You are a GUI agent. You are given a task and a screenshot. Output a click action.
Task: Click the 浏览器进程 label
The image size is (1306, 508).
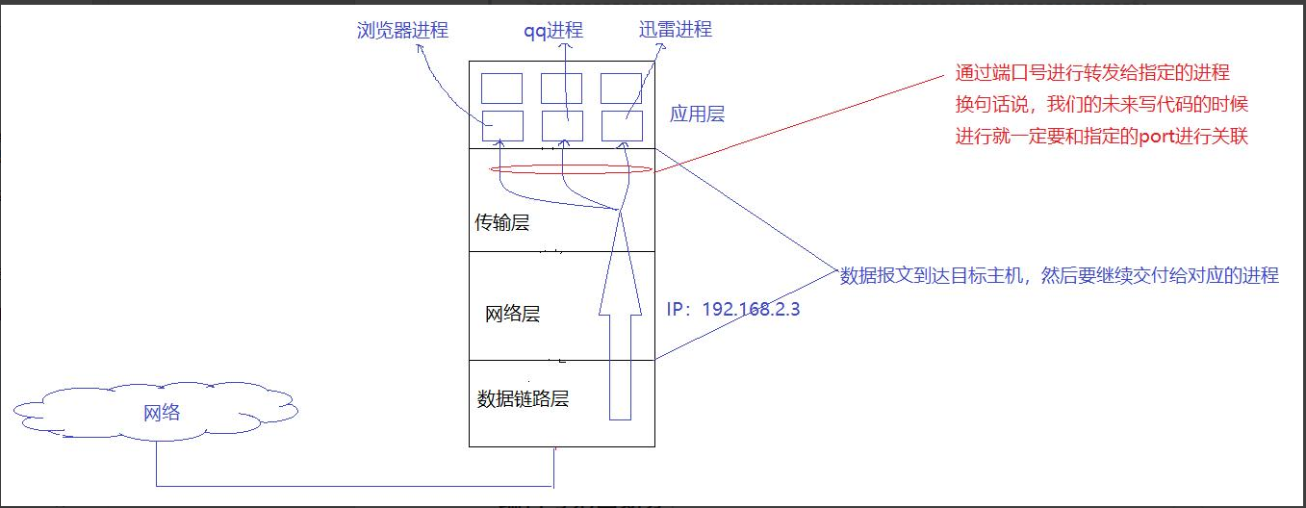coord(401,30)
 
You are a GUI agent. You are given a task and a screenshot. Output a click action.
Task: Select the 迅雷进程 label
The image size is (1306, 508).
coord(675,29)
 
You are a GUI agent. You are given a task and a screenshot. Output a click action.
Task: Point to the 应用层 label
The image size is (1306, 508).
coord(697,114)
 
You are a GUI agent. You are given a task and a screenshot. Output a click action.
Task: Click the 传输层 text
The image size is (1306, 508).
coord(502,223)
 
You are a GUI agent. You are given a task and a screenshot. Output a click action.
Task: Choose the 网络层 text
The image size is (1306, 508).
coord(514,314)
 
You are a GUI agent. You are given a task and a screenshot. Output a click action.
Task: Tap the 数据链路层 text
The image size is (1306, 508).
coord(523,397)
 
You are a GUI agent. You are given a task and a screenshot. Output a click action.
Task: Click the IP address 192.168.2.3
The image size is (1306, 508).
coord(732,310)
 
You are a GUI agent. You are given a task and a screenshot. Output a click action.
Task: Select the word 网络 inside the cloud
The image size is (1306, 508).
coord(162,413)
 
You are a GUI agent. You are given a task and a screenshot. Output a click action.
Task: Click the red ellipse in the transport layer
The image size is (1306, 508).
coord(572,169)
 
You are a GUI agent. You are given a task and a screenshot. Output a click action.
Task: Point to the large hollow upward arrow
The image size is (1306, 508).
coord(620,317)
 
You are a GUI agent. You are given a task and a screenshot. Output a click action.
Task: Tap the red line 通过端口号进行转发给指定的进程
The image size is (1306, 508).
coord(1092,73)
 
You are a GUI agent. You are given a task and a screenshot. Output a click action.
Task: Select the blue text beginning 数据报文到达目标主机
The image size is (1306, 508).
coord(1059,276)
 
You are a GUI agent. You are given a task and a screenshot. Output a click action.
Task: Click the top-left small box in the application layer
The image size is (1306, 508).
coord(502,88)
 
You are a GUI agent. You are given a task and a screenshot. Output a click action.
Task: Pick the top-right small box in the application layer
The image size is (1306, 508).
coord(621,88)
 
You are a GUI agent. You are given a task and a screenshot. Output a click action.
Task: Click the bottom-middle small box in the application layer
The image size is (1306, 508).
coord(561,126)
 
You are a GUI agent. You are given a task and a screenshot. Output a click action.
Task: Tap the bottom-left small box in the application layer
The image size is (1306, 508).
coord(502,126)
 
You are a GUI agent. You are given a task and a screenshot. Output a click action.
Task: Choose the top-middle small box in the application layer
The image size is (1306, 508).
coord(561,88)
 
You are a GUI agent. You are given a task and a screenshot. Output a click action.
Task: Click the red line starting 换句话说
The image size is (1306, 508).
coord(1101,104)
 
